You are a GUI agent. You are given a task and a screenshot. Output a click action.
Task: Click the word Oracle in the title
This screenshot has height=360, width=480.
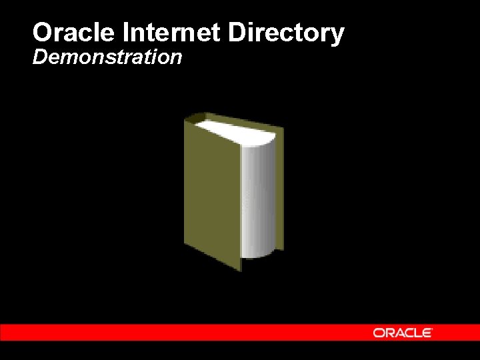(x=74, y=33)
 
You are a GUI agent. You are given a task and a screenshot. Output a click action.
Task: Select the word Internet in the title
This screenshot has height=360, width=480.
(x=179, y=33)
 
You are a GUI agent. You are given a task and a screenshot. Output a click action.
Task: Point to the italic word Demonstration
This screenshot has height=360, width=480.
(x=107, y=57)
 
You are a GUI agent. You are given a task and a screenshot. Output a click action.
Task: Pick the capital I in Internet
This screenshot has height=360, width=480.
(x=126, y=33)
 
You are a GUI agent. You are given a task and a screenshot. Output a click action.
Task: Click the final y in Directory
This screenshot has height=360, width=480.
(x=337, y=35)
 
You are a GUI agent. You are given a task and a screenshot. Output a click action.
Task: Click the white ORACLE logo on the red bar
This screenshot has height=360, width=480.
(x=403, y=332)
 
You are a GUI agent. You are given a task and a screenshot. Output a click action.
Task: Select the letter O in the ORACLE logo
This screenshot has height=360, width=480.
(x=378, y=332)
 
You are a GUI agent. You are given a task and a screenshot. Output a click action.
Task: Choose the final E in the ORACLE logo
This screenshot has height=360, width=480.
(x=427, y=332)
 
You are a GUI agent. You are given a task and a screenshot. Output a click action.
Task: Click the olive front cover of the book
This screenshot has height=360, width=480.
(x=212, y=193)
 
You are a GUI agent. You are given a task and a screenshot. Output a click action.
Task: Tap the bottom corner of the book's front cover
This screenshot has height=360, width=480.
(x=240, y=269)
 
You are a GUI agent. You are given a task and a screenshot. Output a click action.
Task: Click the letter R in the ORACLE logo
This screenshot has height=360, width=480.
(x=388, y=332)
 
